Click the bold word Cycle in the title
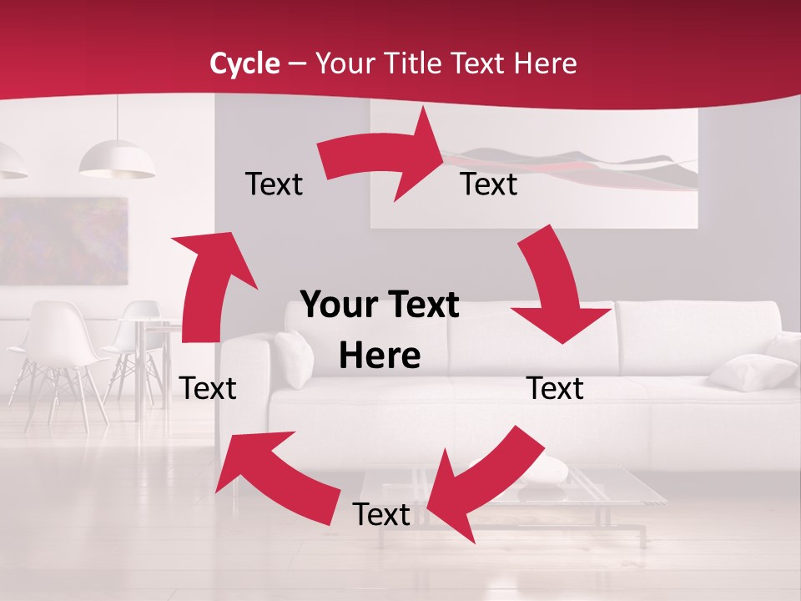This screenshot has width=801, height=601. (x=244, y=63)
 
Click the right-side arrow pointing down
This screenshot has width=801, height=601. (x=555, y=288)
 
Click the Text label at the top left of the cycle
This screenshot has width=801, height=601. (x=274, y=184)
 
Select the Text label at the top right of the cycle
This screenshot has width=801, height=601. (x=489, y=184)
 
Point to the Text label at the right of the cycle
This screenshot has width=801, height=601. (x=555, y=389)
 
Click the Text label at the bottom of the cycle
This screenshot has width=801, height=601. (x=381, y=515)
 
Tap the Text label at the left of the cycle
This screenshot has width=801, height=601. (x=208, y=388)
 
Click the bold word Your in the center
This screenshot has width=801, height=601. (x=335, y=306)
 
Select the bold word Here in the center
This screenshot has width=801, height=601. (x=380, y=356)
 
